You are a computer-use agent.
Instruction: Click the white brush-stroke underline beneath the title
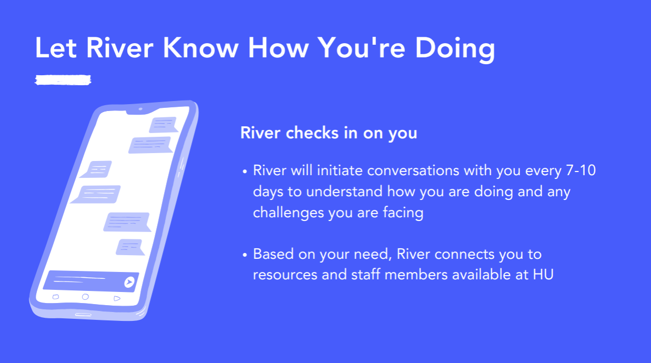pyautogui.click(x=63, y=80)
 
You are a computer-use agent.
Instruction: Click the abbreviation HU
pyautogui.click(x=543, y=274)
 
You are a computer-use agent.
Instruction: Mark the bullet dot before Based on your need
pyautogui.click(x=245, y=255)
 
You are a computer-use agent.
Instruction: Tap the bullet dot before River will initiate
pyautogui.click(x=245, y=172)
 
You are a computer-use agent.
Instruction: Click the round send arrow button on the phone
pyautogui.click(x=129, y=283)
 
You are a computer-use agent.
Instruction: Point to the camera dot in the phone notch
pyautogui.click(x=140, y=109)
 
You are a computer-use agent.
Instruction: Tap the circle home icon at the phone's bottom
pyautogui.click(x=85, y=297)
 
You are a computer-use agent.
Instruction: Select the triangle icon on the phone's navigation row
pyautogui.click(x=117, y=298)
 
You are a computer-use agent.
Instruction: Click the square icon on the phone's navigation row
pyautogui.click(x=56, y=297)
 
